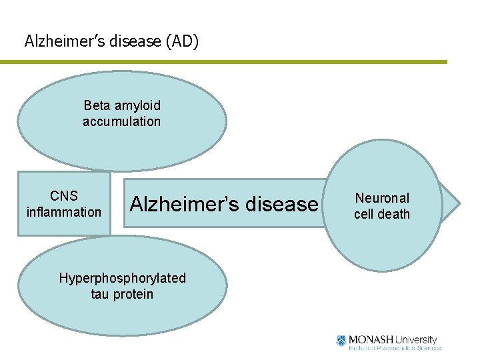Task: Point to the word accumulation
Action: coord(121,121)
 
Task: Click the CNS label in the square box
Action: coord(64,196)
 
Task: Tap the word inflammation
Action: coord(64,213)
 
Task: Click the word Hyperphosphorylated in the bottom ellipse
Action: coord(123,278)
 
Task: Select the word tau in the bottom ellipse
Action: coord(101,294)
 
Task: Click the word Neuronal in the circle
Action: coord(382,198)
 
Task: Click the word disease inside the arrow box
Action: coord(281,203)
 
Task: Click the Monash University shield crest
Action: coord(342,341)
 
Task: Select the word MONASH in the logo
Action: coord(370,339)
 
